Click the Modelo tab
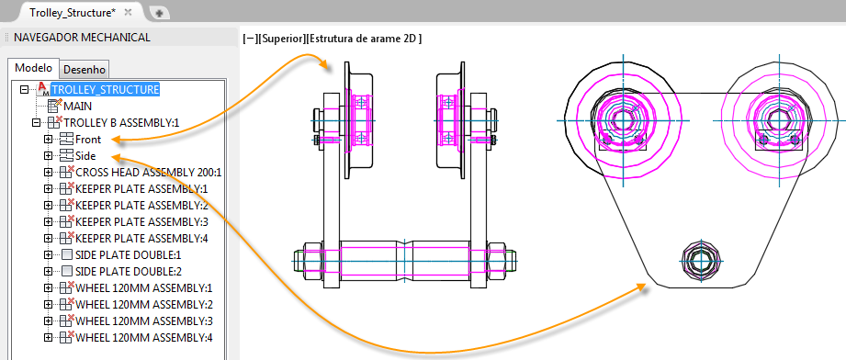pyautogui.click(x=33, y=68)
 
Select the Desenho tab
pyautogui.click(x=85, y=70)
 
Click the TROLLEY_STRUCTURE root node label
pyautogui.click(x=106, y=89)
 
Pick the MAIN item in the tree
pyautogui.click(x=78, y=107)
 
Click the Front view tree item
pyautogui.click(x=88, y=140)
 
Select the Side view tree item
pyautogui.click(x=85, y=156)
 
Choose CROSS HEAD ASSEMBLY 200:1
pyautogui.click(x=149, y=173)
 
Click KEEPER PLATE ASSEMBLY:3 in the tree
pyautogui.click(x=141, y=222)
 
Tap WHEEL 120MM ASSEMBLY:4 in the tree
pyautogui.click(x=144, y=338)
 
